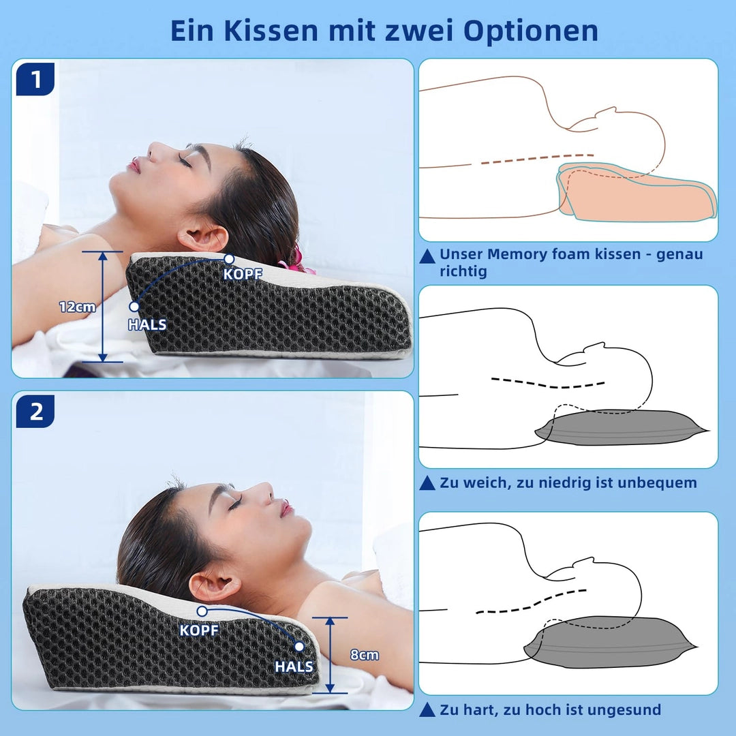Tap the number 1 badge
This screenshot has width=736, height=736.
pyautogui.click(x=35, y=79)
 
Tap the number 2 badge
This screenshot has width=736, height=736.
pyautogui.click(x=35, y=411)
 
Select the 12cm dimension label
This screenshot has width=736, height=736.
pyautogui.click(x=78, y=307)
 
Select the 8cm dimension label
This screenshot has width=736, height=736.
pyautogui.click(x=365, y=655)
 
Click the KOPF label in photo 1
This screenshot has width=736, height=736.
pyautogui.click(x=242, y=274)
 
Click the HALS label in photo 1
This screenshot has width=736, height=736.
pyautogui.click(x=147, y=324)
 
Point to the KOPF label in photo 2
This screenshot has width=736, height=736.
pyautogui.click(x=200, y=630)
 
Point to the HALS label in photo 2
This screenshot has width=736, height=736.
pyautogui.click(x=294, y=666)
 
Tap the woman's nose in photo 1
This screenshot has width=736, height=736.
pyautogui.click(x=155, y=151)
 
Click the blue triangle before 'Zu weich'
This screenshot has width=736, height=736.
pyautogui.click(x=427, y=482)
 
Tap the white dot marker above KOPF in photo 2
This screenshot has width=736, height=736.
pyautogui.click(x=202, y=611)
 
